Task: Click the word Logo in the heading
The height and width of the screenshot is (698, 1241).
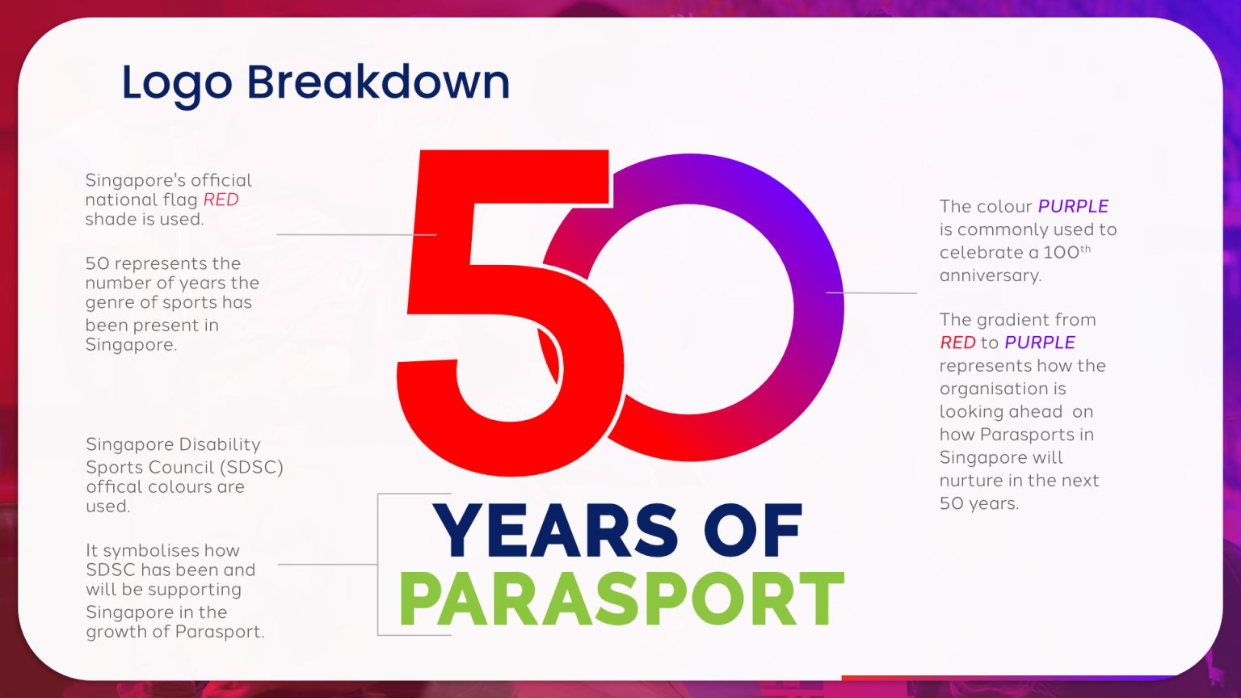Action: [177, 84]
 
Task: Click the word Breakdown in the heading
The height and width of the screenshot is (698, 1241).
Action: [378, 82]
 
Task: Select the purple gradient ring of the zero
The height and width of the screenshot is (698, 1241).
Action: [820, 250]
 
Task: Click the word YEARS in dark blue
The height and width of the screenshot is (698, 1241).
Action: [555, 531]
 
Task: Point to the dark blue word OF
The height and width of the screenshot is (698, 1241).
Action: [753, 530]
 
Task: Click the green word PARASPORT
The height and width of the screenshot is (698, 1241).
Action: [621, 599]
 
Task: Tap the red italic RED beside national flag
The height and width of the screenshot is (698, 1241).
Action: [221, 200]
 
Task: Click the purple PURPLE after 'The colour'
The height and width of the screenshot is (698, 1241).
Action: [1073, 206]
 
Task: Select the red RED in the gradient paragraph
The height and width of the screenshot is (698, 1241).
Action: [958, 343]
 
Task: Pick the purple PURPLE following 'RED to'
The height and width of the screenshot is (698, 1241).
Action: [1040, 343]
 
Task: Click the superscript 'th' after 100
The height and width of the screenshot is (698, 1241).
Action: [1086, 248]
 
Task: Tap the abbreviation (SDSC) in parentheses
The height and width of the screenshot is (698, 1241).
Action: [251, 468]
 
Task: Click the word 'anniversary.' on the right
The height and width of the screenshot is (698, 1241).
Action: [991, 275]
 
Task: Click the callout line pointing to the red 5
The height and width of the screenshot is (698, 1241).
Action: [357, 234]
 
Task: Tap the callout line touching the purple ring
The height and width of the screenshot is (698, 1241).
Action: [872, 292]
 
